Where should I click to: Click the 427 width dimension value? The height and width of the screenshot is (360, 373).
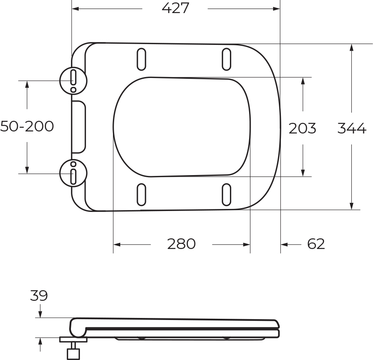pyautogui.click(x=175, y=8)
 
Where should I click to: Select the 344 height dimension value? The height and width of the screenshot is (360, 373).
pyautogui.click(x=352, y=128)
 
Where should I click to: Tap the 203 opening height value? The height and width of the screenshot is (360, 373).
pyautogui.click(x=302, y=128)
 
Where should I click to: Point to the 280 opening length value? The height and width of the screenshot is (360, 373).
pyautogui.click(x=181, y=244)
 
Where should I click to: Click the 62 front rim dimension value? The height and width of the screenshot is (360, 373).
pyautogui.click(x=316, y=244)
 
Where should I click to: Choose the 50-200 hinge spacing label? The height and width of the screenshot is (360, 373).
pyautogui.click(x=27, y=126)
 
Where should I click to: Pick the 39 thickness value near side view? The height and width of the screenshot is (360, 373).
pyautogui.click(x=39, y=296)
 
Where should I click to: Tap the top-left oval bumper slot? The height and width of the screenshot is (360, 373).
pyautogui.click(x=141, y=59)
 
